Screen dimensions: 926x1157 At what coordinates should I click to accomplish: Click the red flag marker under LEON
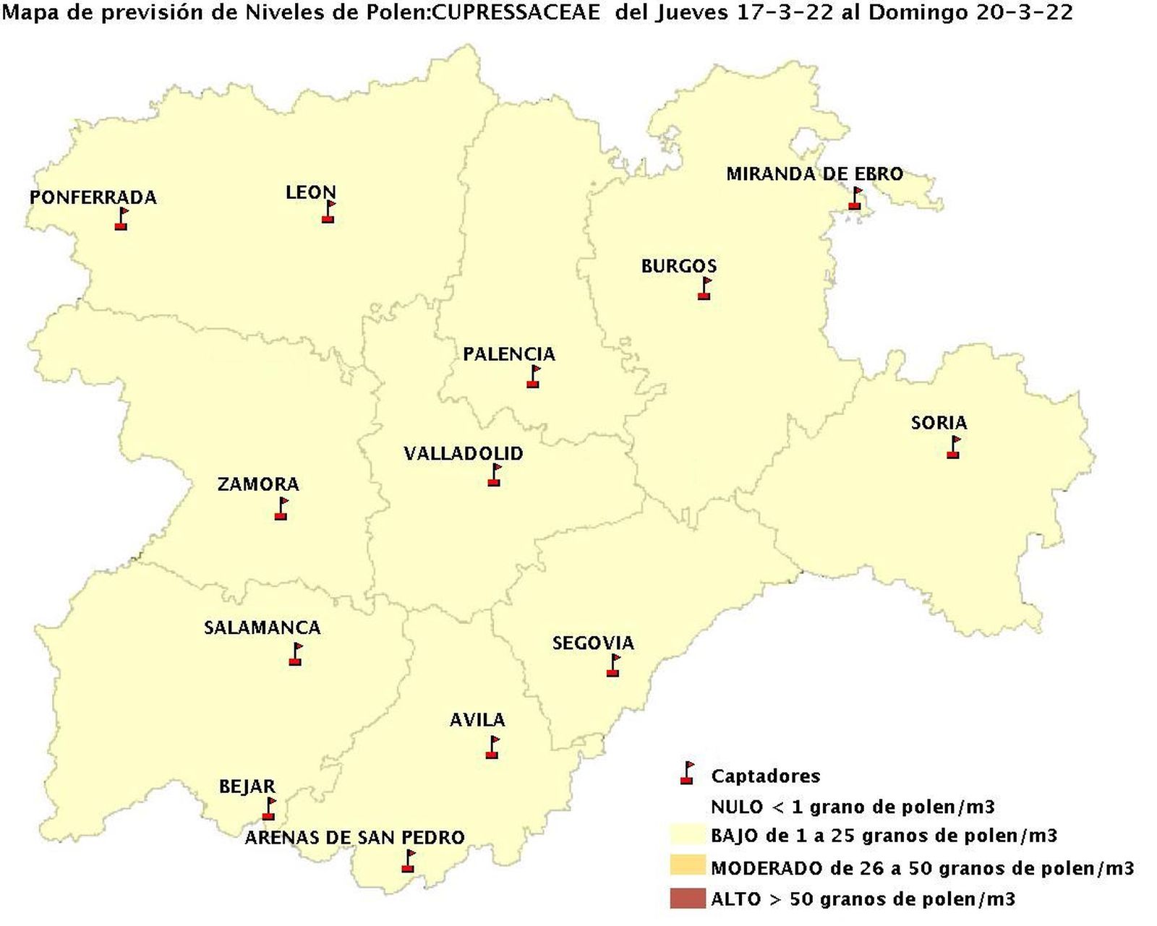click(328, 212)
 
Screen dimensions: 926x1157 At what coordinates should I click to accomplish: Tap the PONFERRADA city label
click(93, 197)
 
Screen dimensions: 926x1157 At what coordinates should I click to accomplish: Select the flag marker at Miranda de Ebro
click(855, 198)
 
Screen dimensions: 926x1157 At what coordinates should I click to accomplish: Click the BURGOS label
click(678, 266)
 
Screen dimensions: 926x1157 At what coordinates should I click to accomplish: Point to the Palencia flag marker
click(534, 377)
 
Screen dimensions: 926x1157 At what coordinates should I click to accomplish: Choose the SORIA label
click(939, 422)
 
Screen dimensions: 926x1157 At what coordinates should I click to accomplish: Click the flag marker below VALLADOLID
click(495, 475)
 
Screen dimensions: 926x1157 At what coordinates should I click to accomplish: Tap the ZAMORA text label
click(258, 484)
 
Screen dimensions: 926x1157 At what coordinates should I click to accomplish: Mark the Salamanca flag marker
click(295, 654)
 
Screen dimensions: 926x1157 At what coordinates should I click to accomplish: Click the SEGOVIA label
click(593, 643)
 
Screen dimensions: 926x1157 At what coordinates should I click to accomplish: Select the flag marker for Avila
click(492, 747)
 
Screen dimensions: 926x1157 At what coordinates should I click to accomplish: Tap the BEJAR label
click(247, 786)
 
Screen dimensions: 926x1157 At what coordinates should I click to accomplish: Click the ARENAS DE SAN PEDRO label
click(354, 838)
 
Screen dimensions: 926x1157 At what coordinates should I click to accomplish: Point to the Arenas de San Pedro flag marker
click(409, 861)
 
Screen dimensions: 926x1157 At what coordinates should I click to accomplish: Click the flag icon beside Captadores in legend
click(687, 773)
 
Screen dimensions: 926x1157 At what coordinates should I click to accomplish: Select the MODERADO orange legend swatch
click(687, 866)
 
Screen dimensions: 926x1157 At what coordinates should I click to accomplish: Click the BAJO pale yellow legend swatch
click(687, 835)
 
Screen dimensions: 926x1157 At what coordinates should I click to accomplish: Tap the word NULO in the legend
click(735, 807)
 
